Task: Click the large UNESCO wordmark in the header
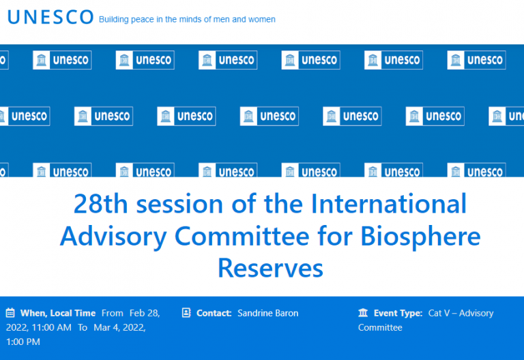(50, 17)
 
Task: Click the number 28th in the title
(100, 203)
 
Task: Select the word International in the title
(388, 203)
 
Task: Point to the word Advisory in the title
(113, 237)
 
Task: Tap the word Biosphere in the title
(420, 237)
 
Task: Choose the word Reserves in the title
(270, 268)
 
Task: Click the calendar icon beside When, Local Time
(10, 313)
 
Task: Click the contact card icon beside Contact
(186, 312)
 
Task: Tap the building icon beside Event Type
(363, 313)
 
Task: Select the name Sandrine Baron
(268, 313)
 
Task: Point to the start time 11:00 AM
(51, 327)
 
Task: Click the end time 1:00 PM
(23, 342)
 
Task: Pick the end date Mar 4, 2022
(119, 327)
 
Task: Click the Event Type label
(398, 313)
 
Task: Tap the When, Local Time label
(58, 313)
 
